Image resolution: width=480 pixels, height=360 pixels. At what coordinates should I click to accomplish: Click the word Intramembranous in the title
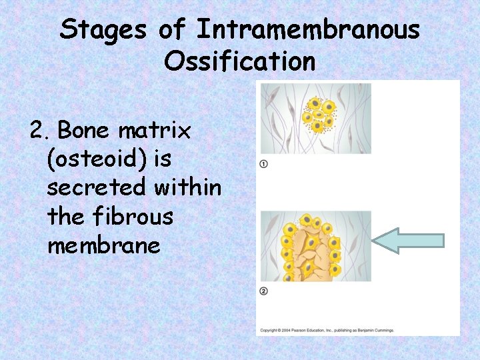(308, 30)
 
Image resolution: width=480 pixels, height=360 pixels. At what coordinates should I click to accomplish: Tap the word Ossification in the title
(239, 61)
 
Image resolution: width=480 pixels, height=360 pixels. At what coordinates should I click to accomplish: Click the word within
(188, 188)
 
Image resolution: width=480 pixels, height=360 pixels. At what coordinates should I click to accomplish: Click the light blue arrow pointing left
(407, 241)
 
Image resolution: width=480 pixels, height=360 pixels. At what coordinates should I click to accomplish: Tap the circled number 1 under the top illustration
(264, 164)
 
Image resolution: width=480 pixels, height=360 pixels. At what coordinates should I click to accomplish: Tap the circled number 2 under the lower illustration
(264, 291)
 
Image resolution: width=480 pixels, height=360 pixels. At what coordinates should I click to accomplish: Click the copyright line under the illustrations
(327, 330)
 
